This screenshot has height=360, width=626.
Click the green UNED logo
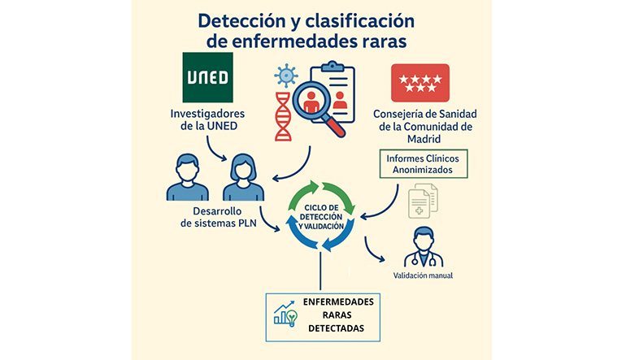tap(206, 78)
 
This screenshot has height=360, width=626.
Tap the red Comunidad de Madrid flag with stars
tap(420, 83)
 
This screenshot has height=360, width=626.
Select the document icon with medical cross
tap(421, 202)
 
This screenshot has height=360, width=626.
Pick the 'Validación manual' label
tap(423, 275)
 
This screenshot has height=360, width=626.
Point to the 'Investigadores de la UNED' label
tap(207, 120)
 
